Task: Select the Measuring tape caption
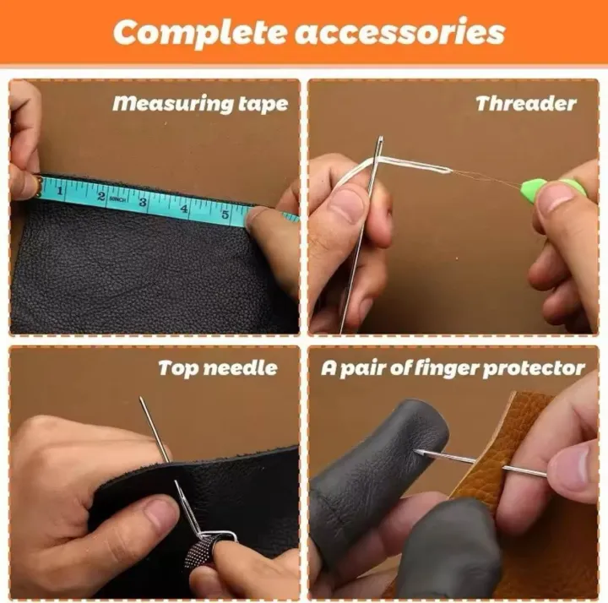click(x=200, y=104)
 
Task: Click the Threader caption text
click(x=525, y=104)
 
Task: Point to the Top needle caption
click(x=218, y=368)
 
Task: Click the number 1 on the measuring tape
click(x=60, y=192)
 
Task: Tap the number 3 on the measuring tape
click(x=143, y=201)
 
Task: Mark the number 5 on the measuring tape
click(x=225, y=213)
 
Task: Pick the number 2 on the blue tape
click(x=101, y=197)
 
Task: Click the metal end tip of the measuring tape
click(x=35, y=186)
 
